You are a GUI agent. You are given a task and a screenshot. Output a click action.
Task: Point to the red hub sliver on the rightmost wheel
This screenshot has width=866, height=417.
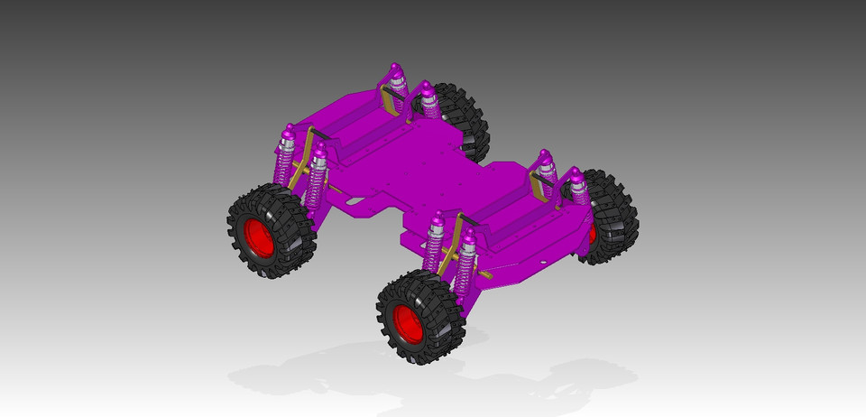point(593,233)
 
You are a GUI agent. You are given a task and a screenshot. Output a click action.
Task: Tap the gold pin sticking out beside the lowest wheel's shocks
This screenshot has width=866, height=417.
point(485,273)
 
